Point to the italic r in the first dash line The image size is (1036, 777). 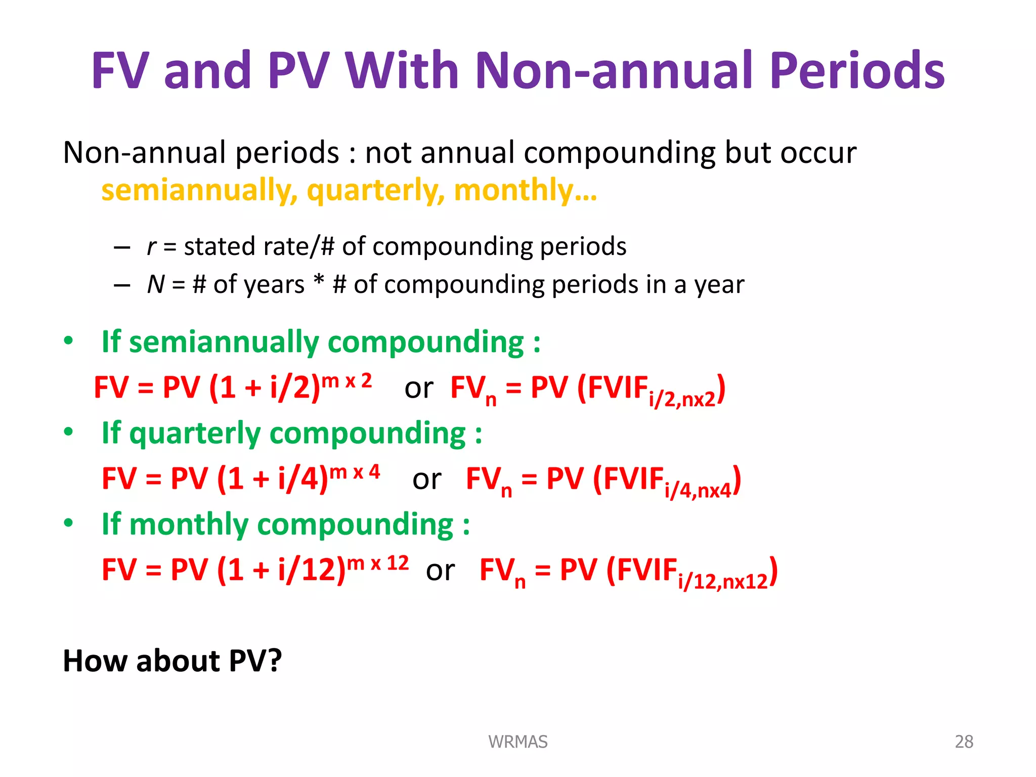(x=151, y=247)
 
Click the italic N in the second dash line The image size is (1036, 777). (x=156, y=284)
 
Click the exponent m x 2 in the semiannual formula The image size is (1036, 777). (x=347, y=381)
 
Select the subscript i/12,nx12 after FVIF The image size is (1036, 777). (x=723, y=582)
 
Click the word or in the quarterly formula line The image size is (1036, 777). (x=427, y=480)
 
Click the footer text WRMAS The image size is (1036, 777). (x=517, y=742)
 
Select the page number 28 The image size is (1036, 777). (x=964, y=742)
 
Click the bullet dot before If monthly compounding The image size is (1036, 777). (x=68, y=523)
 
